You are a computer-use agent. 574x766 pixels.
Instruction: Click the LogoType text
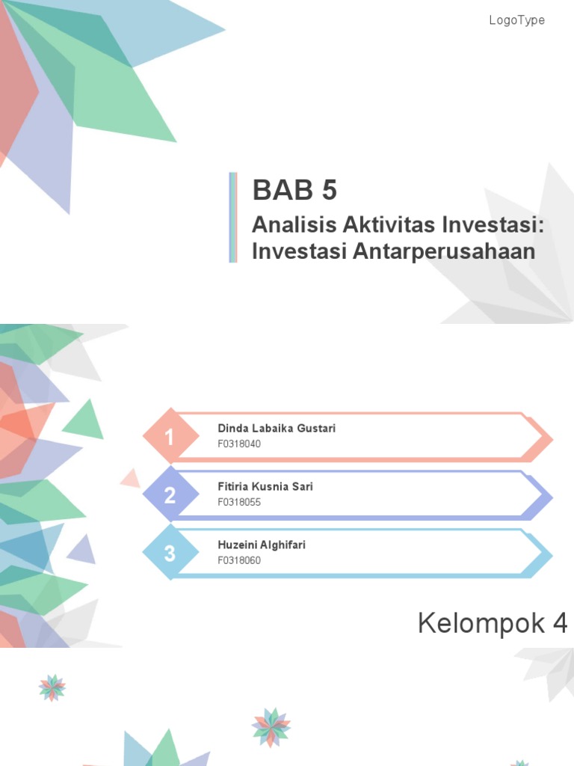[516, 20]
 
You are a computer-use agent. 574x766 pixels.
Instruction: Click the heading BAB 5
[294, 191]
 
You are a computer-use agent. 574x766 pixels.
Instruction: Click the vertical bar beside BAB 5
[233, 217]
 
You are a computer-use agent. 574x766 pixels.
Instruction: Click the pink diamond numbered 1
[170, 437]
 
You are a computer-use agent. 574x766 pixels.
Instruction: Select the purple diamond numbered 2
[170, 494]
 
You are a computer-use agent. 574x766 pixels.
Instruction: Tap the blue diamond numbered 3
[170, 554]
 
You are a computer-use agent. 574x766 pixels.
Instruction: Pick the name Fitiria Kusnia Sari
[265, 487]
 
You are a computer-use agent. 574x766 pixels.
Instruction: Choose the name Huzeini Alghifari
[261, 545]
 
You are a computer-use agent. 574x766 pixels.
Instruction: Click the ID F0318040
[239, 444]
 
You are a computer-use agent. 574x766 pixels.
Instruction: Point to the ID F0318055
[239, 502]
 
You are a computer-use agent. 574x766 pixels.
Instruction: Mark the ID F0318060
[239, 560]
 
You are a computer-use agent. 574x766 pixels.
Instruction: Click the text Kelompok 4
[493, 623]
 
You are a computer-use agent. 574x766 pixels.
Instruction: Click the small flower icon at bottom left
[52, 687]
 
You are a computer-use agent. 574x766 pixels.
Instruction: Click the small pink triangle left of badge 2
[132, 478]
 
